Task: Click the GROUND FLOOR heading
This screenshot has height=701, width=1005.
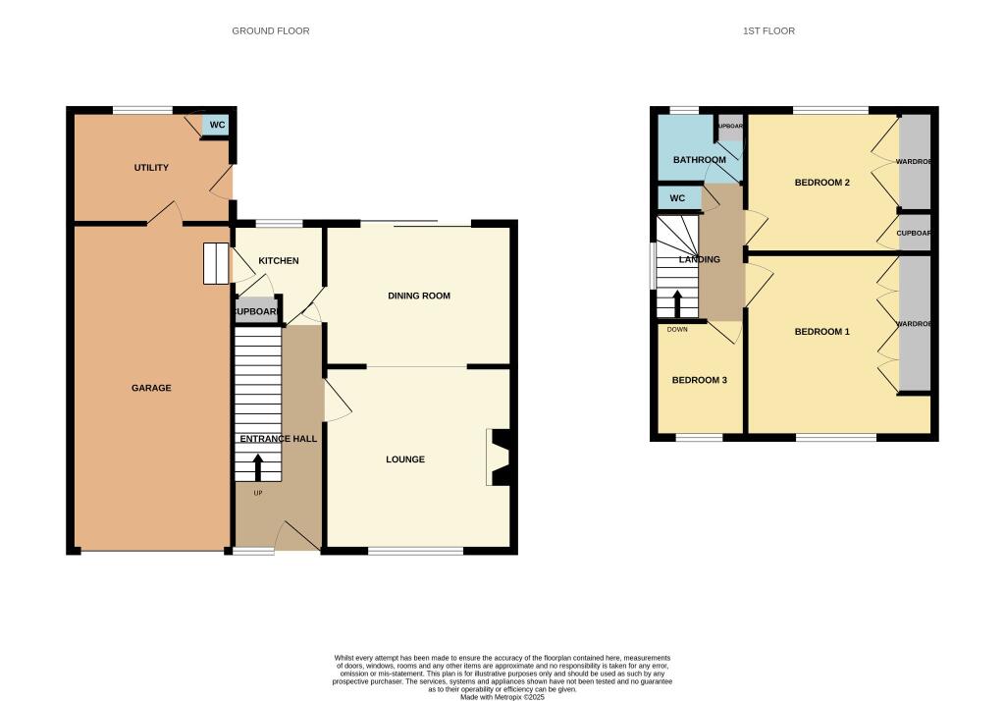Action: [x=270, y=31]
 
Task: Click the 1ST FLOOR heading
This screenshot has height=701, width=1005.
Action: [x=768, y=31]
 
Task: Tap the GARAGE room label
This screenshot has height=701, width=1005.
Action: [x=151, y=388]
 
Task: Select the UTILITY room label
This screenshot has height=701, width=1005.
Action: [x=151, y=168]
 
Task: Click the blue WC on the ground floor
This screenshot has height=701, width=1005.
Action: [x=217, y=126]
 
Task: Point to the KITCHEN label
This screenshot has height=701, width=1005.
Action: [x=279, y=260]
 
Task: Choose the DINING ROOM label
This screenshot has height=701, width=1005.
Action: [x=419, y=296]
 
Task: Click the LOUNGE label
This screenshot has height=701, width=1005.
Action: [x=405, y=459]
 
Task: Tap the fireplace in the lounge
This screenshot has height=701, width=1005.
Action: [x=499, y=458]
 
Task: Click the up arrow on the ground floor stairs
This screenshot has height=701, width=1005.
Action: [x=259, y=466]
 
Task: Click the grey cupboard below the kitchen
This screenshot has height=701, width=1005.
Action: [x=256, y=312]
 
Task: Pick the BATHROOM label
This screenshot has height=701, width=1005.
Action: [x=699, y=160]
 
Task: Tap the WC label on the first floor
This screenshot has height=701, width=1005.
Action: [x=677, y=198]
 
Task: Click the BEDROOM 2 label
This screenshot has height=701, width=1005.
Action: [x=821, y=183]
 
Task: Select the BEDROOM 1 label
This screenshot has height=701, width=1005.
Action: [x=821, y=332]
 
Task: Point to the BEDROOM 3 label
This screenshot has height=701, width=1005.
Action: [x=699, y=380]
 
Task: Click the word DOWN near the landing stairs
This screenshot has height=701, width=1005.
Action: [x=677, y=330]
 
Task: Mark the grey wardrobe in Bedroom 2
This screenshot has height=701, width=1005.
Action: [x=915, y=162]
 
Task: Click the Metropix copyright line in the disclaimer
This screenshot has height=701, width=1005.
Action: [x=502, y=697]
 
